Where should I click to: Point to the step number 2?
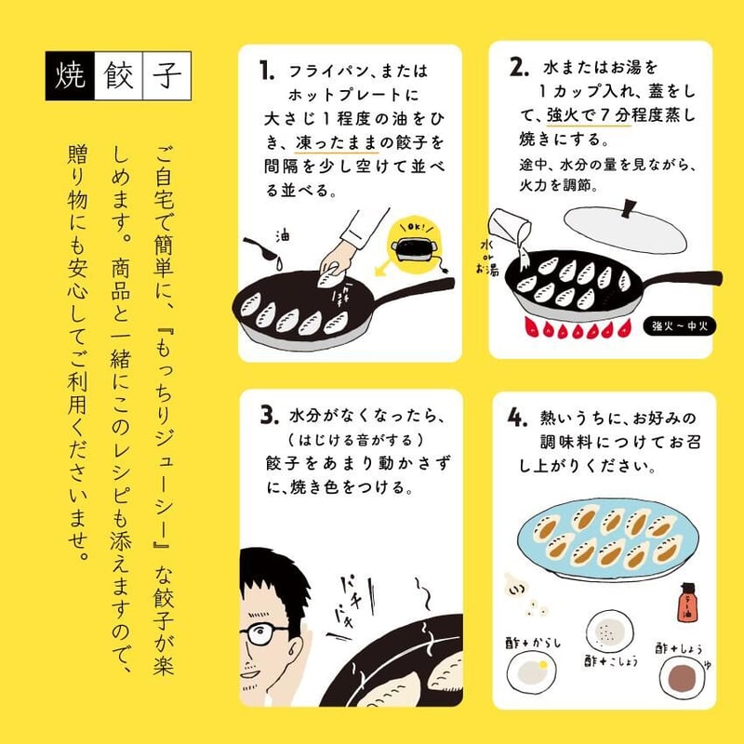point(518,68)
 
